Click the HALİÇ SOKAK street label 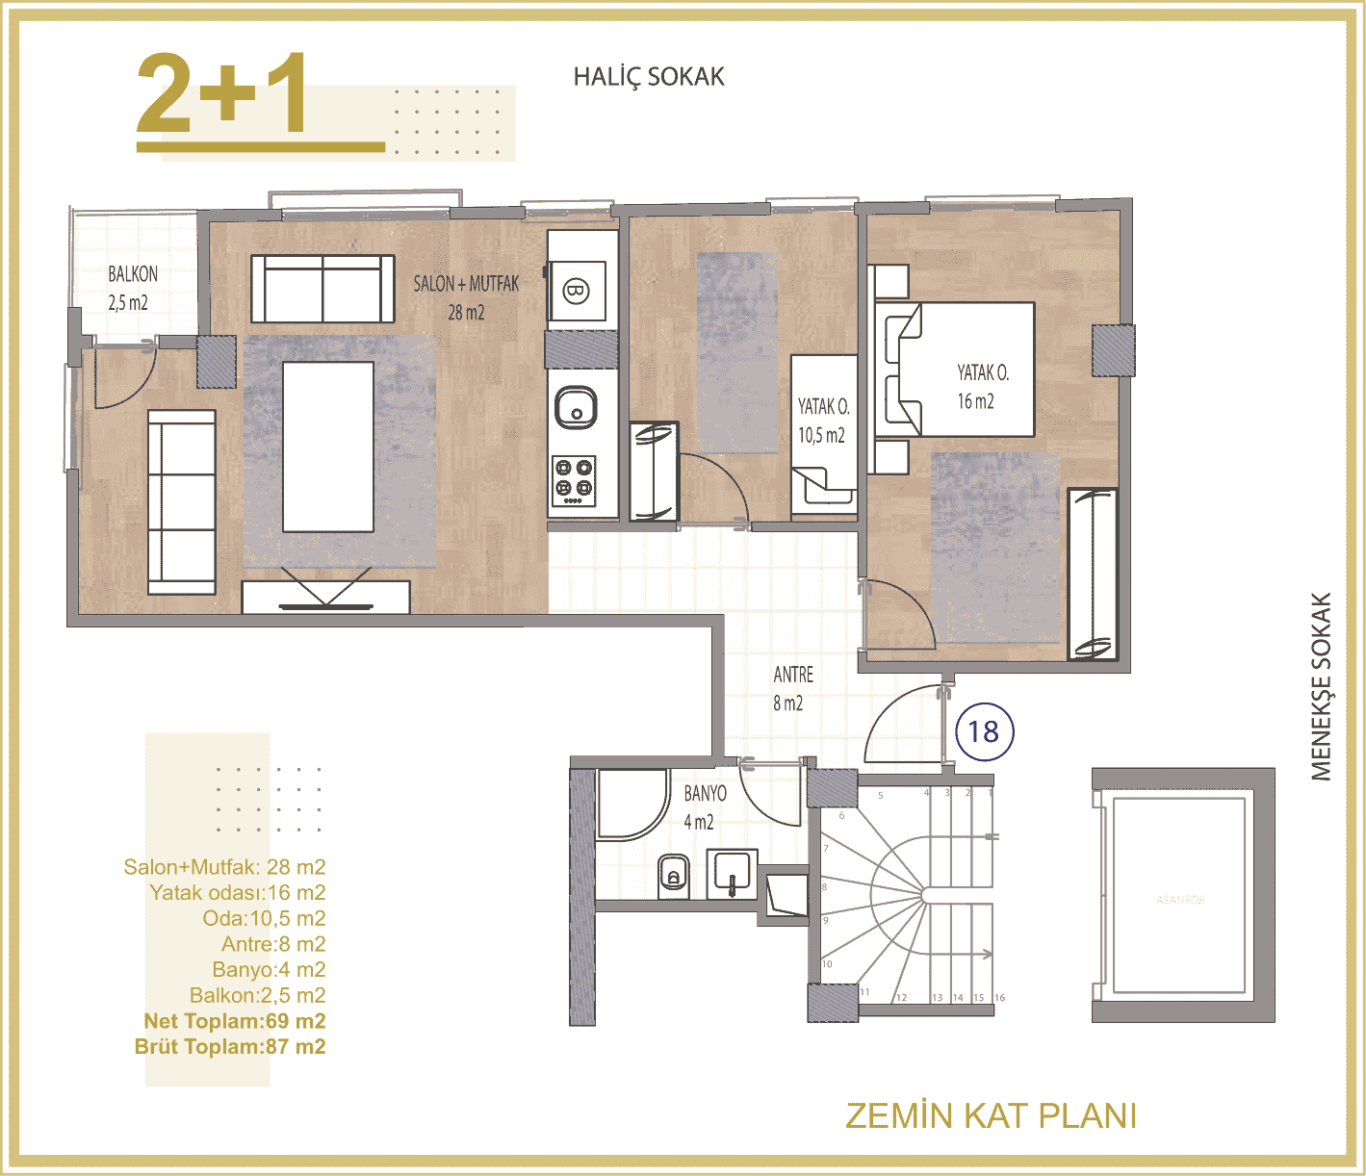click(x=648, y=77)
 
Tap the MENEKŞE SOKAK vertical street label click(x=1321, y=686)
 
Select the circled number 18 click(x=984, y=732)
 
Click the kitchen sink click(x=576, y=406)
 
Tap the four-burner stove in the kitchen click(x=574, y=479)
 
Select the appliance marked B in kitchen click(x=576, y=290)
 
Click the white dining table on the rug click(x=327, y=447)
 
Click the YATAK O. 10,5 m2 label click(x=823, y=421)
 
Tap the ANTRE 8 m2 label click(x=792, y=688)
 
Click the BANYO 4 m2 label click(x=705, y=806)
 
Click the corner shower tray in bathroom click(x=631, y=804)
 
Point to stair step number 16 click(x=999, y=998)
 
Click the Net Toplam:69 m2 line click(x=234, y=1021)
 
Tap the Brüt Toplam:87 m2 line click(x=230, y=1047)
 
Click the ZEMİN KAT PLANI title click(x=991, y=1116)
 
